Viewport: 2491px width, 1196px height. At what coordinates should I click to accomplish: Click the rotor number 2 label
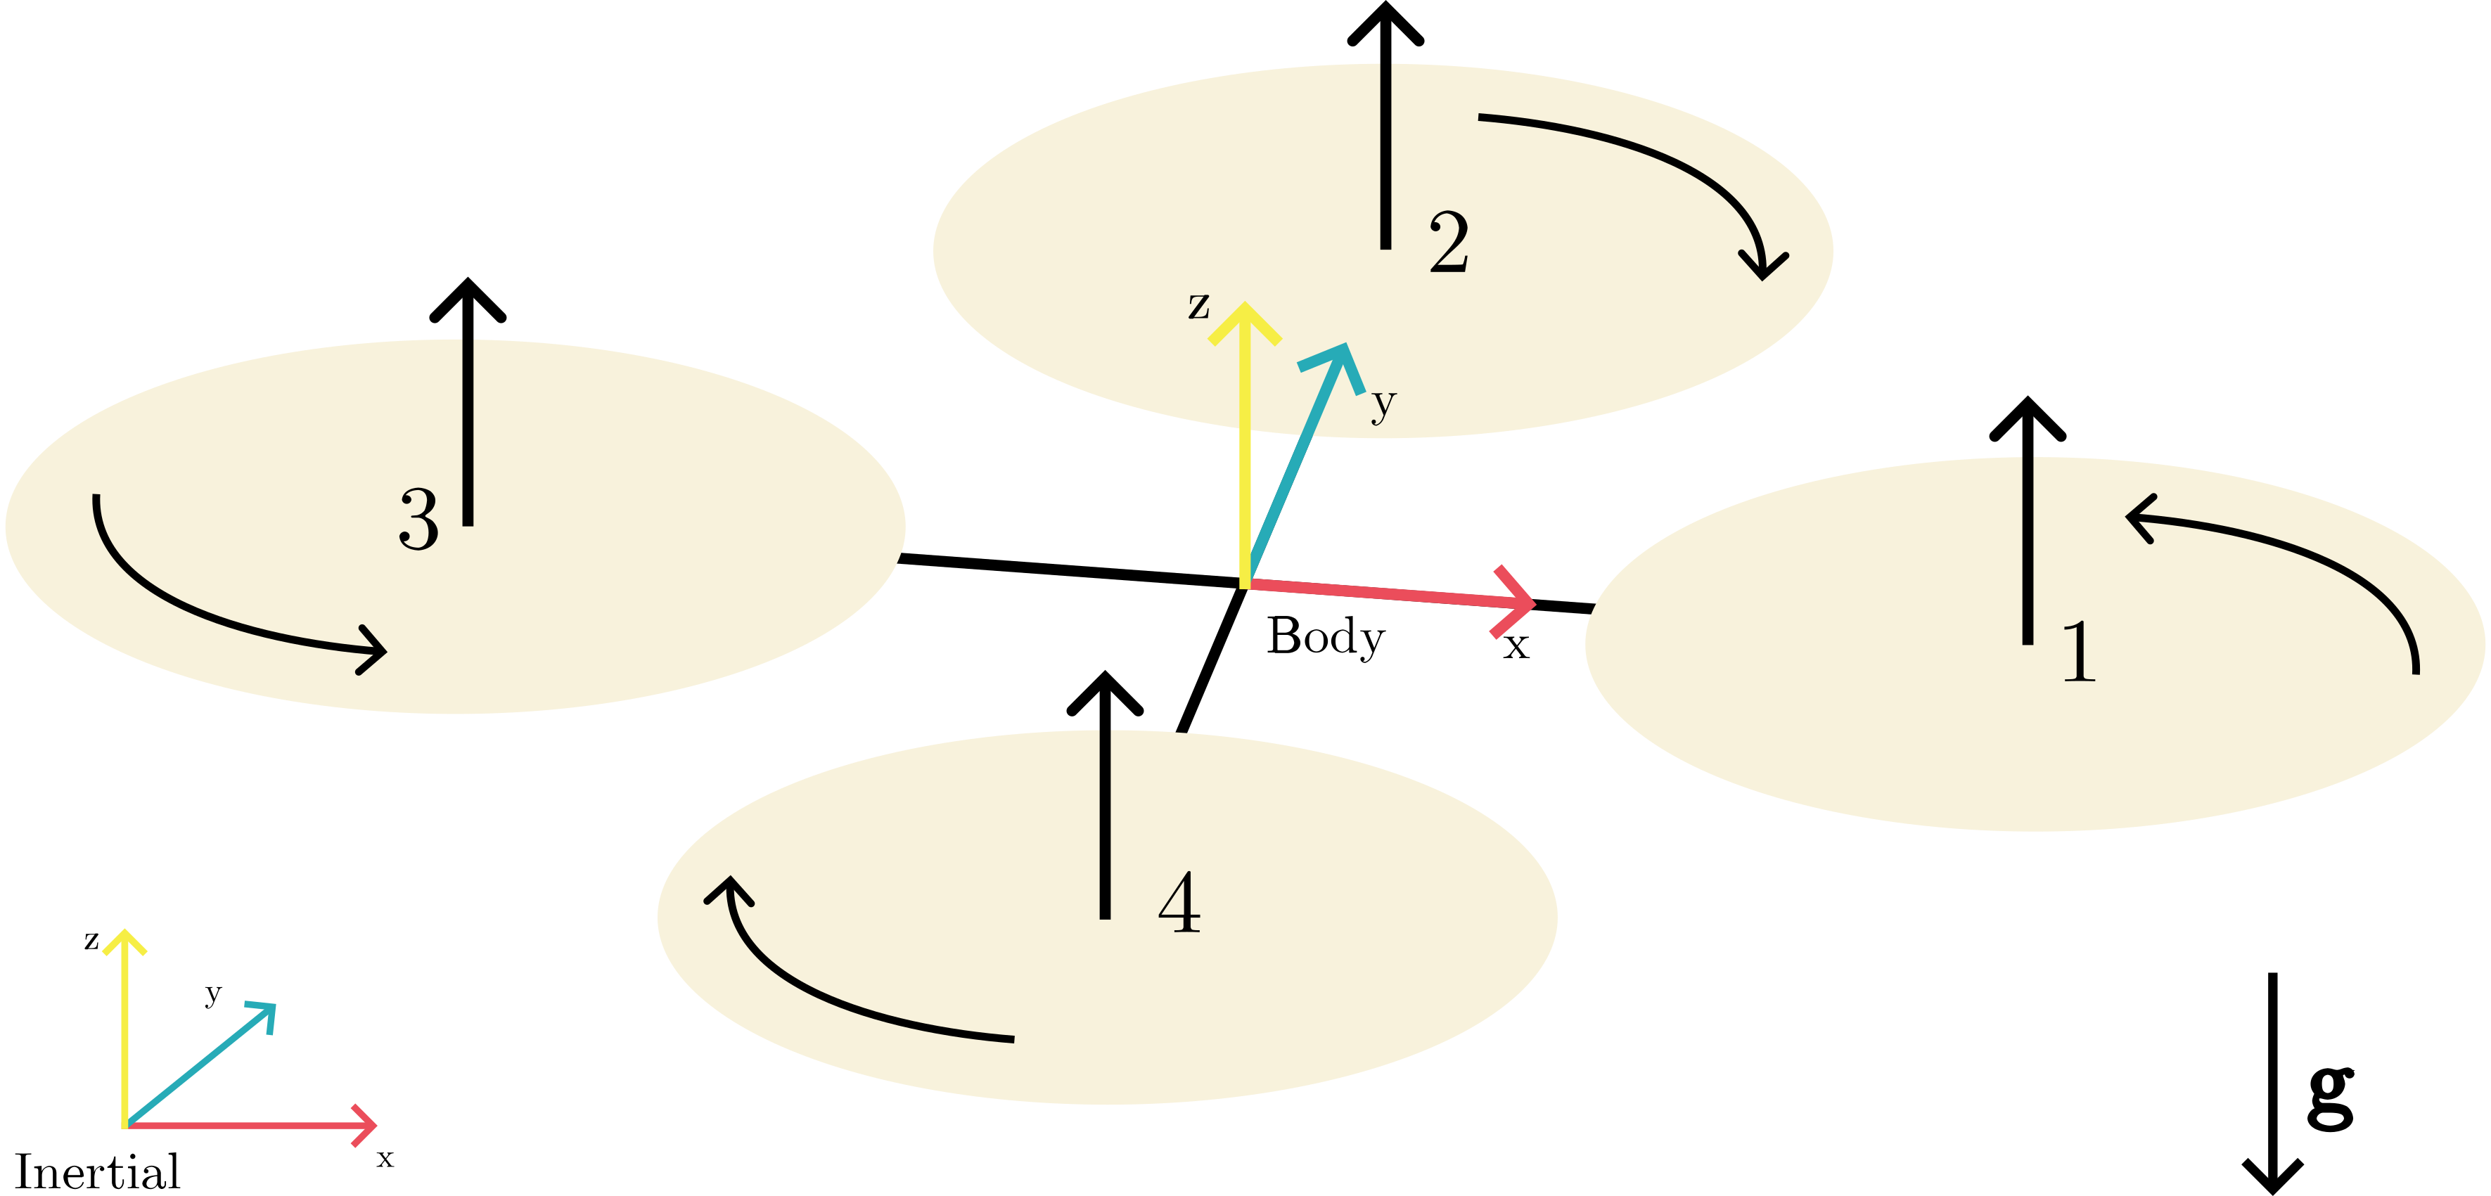(1449, 242)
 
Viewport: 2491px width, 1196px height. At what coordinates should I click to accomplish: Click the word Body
(1326, 637)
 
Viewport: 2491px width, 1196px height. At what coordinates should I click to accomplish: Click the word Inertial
(97, 1172)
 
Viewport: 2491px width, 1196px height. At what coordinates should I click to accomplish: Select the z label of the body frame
(1199, 306)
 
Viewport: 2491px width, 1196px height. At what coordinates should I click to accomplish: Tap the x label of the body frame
(1516, 646)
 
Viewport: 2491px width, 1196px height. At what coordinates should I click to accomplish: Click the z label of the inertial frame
(92, 940)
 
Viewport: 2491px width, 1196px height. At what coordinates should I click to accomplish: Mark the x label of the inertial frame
(385, 1157)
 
